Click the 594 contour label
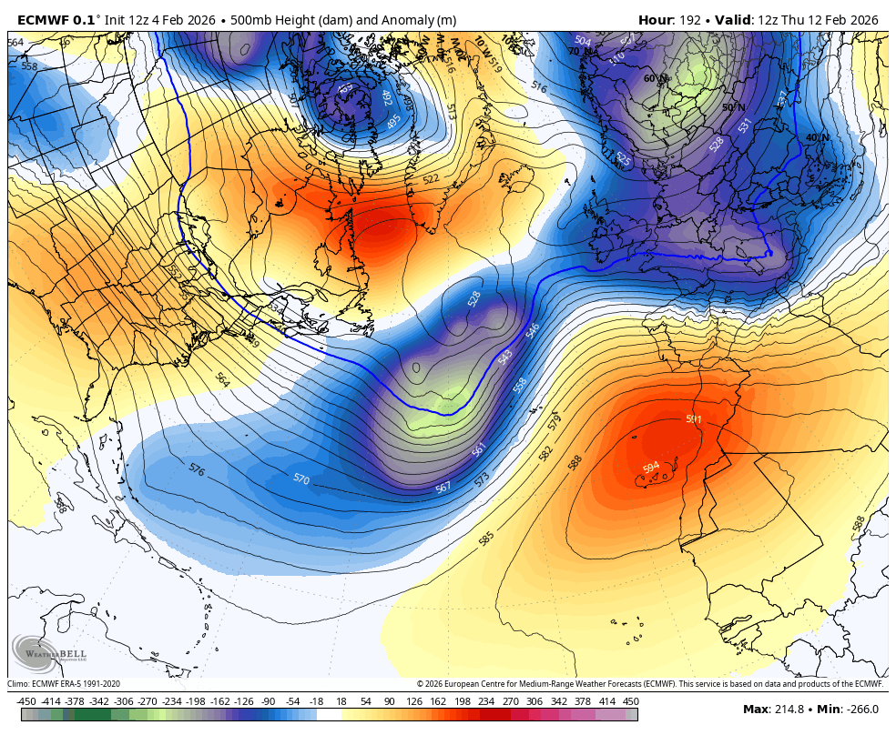pos(650,468)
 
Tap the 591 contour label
pos(694,419)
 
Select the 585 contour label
pos(486,539)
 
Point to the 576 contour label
pos(196,468)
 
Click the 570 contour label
pos(301,478)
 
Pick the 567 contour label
pos(443,488)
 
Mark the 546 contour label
pos(533,328)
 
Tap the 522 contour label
pos(431,179)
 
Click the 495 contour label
pos(393,121)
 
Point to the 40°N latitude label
pos(817,138)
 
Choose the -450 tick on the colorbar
pos(26,702)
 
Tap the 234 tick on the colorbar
pos(486,702)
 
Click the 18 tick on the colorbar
pos(341,702)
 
